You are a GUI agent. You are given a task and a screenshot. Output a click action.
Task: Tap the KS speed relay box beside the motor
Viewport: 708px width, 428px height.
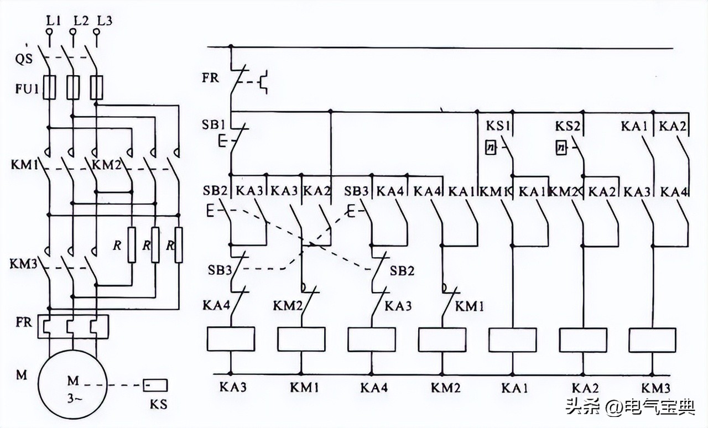155,384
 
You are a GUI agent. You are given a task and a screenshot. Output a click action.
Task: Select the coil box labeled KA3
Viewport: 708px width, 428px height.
231,339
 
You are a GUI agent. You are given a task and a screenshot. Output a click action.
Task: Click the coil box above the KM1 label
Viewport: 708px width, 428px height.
301,339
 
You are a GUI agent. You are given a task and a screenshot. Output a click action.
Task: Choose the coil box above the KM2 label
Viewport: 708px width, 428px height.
442,339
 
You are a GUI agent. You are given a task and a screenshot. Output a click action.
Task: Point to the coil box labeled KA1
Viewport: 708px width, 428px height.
513,339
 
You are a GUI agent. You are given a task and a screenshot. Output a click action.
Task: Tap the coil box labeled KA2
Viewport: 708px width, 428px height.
583,339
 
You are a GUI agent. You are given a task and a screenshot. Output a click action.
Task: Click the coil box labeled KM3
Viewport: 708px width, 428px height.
653,339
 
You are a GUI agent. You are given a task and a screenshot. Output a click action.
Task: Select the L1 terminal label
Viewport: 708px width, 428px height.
53,22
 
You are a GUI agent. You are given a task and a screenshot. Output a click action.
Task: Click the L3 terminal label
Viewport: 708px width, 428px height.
104,22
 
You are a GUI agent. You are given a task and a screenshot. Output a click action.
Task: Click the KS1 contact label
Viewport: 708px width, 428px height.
497,127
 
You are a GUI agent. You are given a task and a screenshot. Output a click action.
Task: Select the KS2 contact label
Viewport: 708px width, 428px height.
568,127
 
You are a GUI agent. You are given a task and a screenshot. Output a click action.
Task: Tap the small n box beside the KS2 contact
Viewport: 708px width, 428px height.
561,148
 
